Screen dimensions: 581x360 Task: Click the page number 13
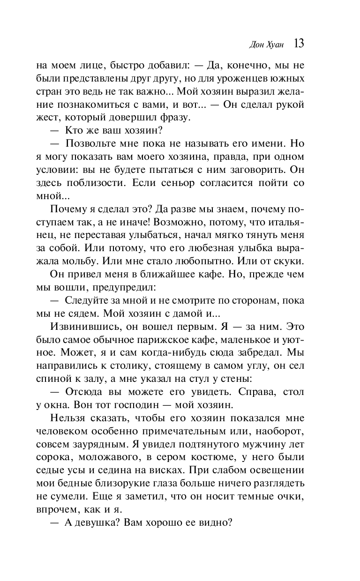pos(299,44)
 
